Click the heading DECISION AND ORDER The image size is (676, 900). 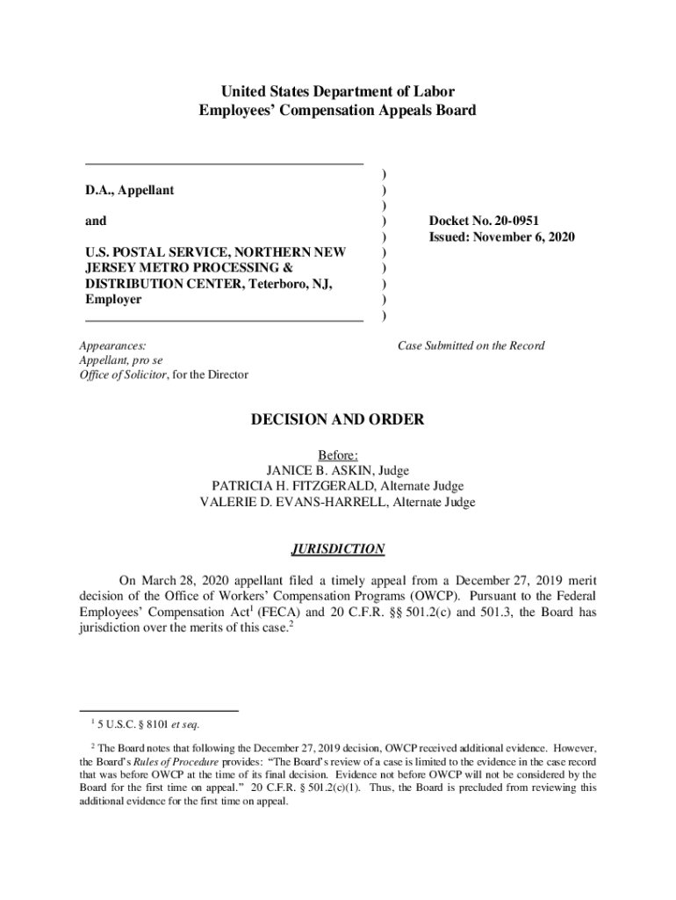point(337,420)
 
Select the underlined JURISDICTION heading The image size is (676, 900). point(337,549)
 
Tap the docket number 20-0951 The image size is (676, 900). point(530,221)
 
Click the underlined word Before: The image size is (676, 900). point(337,454)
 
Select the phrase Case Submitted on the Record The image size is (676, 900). point(471,345)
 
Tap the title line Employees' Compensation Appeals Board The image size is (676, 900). point(337,111)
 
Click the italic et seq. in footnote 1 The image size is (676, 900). point(185,725)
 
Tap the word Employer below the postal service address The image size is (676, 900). point(113,300)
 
